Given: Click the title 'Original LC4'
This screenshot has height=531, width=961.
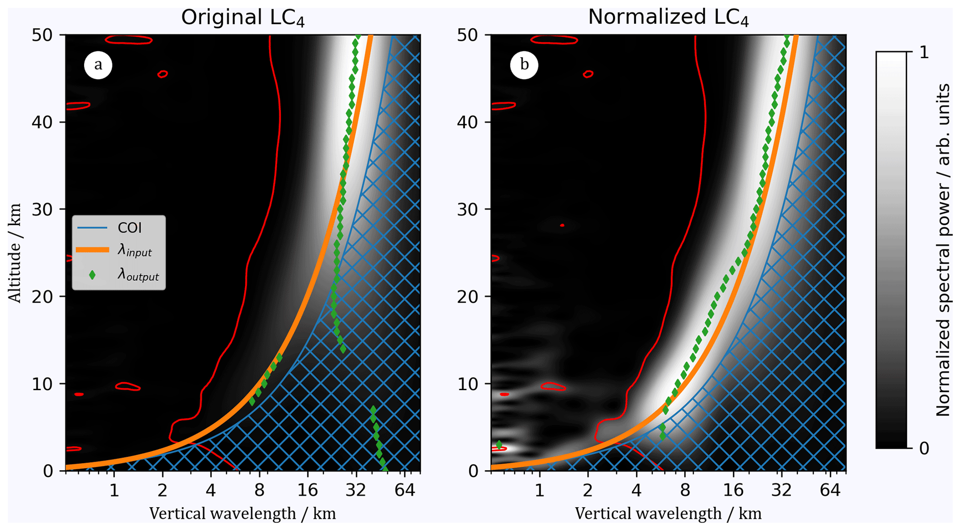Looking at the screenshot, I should click(x=243, y=18).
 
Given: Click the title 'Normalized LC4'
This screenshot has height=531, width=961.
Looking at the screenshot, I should click(x=668, y=18).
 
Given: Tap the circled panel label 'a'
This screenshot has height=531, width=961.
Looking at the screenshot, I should click(x=98, y=65).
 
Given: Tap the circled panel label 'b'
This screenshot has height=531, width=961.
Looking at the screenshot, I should click(x=524, y=65).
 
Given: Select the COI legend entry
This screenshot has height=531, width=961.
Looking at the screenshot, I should click(x=129, y=228).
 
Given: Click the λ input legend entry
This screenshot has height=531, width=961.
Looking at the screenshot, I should click(x=134, y=251).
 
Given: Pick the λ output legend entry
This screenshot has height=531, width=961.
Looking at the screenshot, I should click(x=138, y=275).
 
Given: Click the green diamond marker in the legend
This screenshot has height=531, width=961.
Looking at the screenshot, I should click(x=92, y=275).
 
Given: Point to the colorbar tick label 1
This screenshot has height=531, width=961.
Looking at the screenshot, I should click(x=924, y=53).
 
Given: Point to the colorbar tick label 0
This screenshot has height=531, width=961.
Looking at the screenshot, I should click(x=924, y=448).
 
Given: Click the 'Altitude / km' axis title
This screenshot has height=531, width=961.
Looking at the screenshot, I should click(x=15, y=253).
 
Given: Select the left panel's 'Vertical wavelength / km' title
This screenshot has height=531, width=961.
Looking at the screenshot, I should click(x=242, y=514).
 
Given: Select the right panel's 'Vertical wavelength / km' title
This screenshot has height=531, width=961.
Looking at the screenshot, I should click(x=668, y=514).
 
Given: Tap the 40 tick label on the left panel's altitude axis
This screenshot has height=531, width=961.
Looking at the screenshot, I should click(x=43, y=122).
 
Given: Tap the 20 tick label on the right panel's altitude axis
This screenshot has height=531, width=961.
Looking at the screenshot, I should click(x=469, y=297).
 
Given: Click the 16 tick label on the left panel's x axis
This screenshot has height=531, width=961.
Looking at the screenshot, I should click(x=307, y=491).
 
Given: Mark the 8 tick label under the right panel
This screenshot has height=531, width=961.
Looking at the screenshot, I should click(x=685, y=491).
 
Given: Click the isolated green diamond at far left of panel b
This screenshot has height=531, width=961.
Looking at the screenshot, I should click(x=499, y=445).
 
